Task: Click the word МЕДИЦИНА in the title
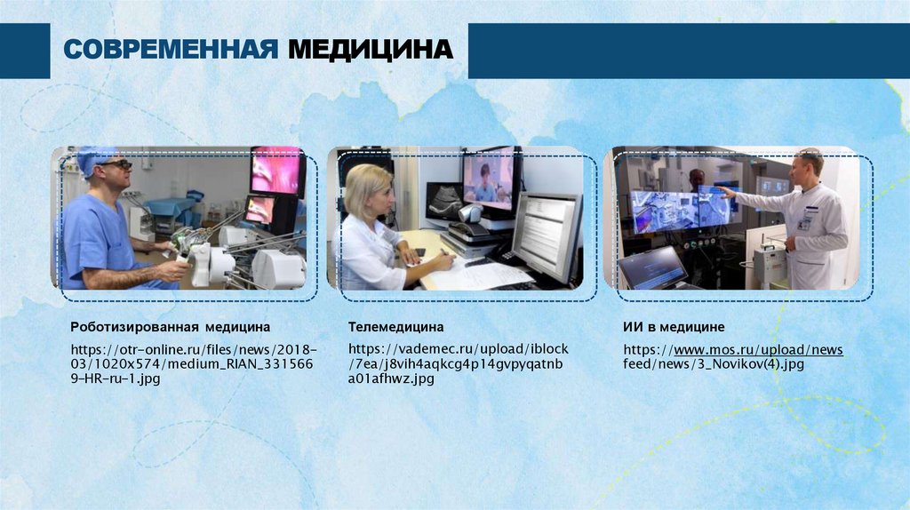click(x=370, y=50)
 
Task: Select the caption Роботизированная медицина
click(x=170, y=328)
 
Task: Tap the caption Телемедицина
click(x=395, y=328)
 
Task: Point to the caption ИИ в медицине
click(x=674, y=328)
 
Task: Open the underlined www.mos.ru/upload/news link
click(x=759, y=349)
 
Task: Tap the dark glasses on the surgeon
click(x=116, y=164)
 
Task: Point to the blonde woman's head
click(x=366, y=187)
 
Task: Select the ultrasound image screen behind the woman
click(x=444, y=202)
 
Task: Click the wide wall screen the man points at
click(x=681, y=210)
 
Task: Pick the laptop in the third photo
click(x=653, y=267)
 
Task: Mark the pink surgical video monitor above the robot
click(x=275, y=171)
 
